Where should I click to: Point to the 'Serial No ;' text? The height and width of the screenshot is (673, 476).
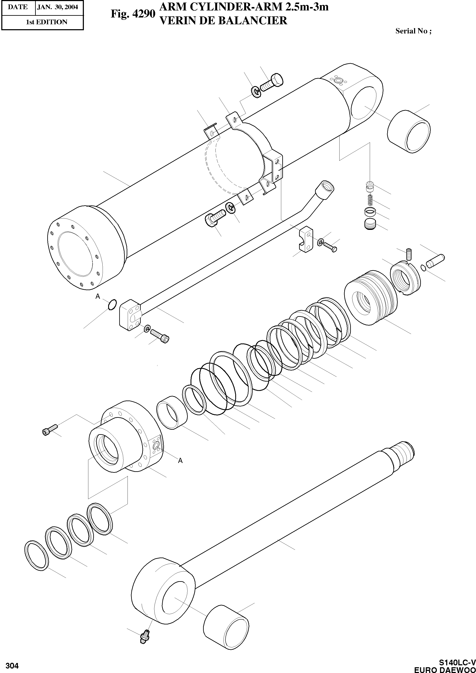coord(413,31)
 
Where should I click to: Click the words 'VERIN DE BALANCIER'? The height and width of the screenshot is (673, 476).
coord(223,20)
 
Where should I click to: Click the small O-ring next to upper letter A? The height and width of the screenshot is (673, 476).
coord(112,304)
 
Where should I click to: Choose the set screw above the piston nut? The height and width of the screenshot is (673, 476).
coord(409,254)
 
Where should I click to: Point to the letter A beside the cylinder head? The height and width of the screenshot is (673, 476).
coord(180,461)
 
